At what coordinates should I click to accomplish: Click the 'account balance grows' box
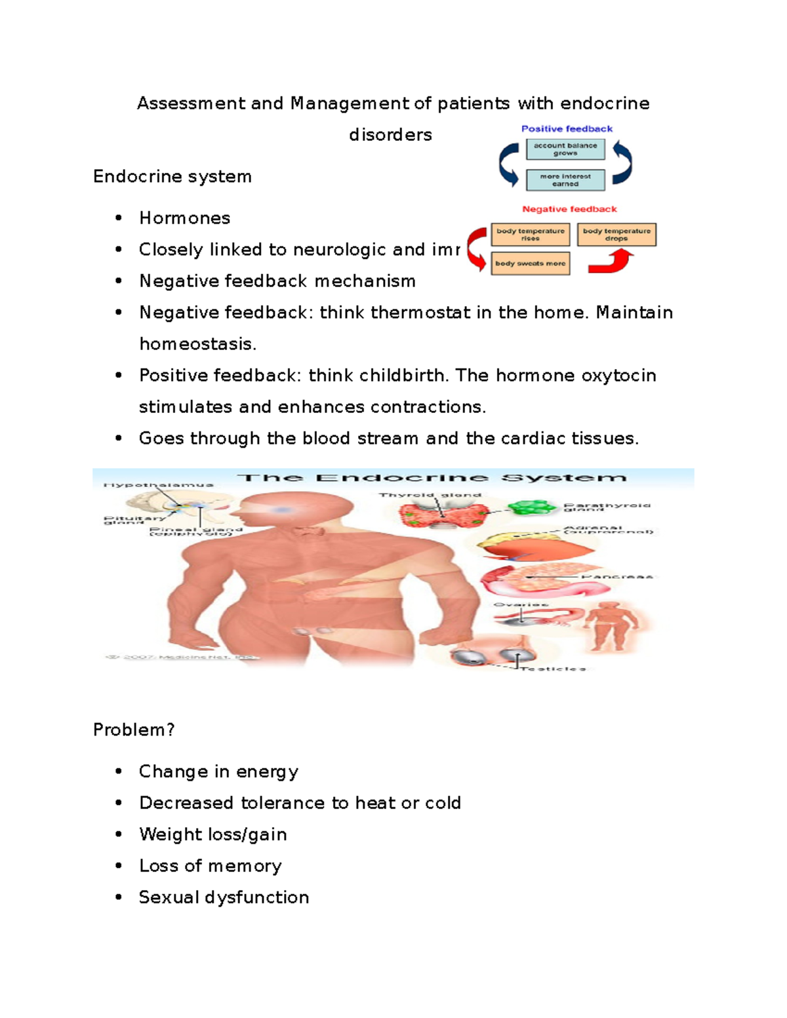pos(565,149)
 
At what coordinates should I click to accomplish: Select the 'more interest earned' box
pos(565,180)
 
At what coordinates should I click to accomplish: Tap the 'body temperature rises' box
pos(530,235)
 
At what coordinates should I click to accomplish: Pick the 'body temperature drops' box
pos(616,235)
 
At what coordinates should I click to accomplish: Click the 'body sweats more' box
pos(530,264)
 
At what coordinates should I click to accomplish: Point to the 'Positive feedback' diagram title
pos(567,129)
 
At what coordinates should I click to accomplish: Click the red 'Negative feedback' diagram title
pos(569,209)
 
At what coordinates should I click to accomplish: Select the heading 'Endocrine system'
pos(172,177)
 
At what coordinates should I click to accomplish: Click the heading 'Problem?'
pos(134,730)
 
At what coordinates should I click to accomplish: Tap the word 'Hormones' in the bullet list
pos(184,218)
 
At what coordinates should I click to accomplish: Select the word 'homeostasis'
pos(197,344)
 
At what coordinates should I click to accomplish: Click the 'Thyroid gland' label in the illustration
pos(430,495)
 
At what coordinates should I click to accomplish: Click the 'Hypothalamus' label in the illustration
pos(158,485)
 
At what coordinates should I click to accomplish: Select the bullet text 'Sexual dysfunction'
pos(224,897)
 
